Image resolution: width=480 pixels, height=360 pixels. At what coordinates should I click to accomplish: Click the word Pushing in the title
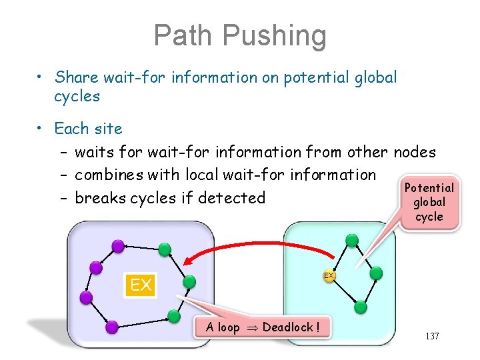[x=275, y=37]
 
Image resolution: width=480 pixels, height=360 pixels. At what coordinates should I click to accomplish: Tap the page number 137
[x=431, y=336]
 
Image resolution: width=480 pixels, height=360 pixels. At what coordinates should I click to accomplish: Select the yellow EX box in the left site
[x=140, y=286]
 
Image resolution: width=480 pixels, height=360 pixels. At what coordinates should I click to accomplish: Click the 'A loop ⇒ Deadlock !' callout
[x=263, y=327]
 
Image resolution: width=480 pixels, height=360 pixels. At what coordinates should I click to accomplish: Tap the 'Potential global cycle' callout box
[x=429, y=202]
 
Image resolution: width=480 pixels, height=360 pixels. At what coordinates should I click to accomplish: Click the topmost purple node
[x=118, y=246]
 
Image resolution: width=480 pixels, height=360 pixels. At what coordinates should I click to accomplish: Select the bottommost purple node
[x=112, y=327]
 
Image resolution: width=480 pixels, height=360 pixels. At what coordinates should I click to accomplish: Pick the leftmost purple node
[x=85, y=297]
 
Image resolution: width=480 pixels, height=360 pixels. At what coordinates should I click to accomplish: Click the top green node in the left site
[x=165, y=250]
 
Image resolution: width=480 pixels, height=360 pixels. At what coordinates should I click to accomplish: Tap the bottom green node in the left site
[x=174, y=315]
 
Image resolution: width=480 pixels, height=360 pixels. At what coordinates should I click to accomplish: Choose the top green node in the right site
[x=352, y=241]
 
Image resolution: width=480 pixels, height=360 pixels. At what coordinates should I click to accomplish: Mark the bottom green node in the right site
[x=361, y=307]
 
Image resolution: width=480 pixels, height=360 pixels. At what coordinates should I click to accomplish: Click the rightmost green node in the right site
[x=376, y=273]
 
